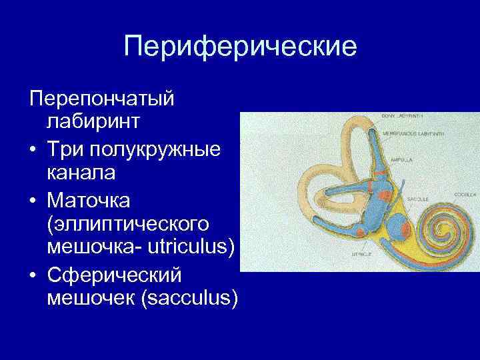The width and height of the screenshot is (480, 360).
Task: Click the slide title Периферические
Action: (240, 47)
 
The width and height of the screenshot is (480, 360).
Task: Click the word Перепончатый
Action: (102, 99)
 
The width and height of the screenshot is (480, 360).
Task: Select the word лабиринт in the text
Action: (93, 123)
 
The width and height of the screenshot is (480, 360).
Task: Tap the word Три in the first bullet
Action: (64, 147)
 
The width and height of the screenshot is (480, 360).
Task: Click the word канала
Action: (81, 172)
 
